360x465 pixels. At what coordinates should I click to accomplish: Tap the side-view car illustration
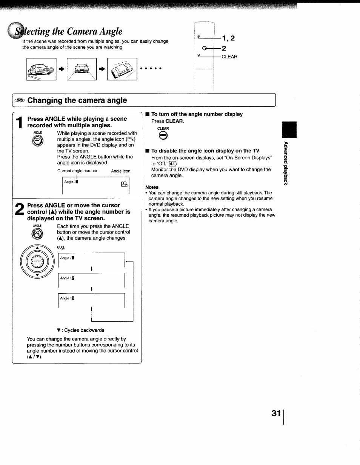(x=41, y=69)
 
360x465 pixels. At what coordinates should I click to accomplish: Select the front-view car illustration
(x=82, y=69)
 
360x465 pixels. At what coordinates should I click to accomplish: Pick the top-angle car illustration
(x=122, y=69)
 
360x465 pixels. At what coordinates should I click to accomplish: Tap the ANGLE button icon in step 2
(x=37, y=234)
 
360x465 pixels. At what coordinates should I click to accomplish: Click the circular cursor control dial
(x=37, y=261)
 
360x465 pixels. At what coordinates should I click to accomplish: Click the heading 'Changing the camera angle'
(x=77, y=100)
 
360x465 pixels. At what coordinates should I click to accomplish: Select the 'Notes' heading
(x=152, y=187)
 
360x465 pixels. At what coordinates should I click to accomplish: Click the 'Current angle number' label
(x=77, y=171)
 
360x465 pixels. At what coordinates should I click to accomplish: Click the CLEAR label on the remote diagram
(x=229, y=57)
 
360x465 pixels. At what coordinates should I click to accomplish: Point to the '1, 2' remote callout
(x=228, y=38)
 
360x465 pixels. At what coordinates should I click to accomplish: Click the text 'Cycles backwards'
(x=84, y=330)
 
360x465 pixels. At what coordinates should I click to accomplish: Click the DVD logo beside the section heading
(x=20, y=101)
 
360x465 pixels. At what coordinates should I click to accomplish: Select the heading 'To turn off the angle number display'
(x=197, y=114)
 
